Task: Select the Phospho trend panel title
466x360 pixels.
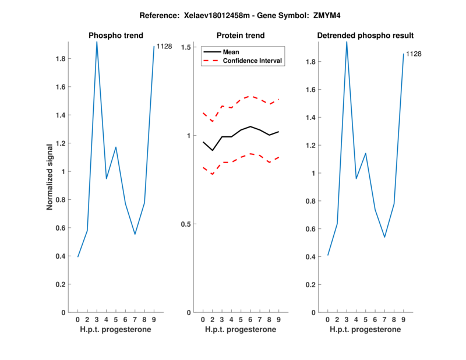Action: click(116, 36)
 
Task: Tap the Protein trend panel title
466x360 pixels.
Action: click(241, 36)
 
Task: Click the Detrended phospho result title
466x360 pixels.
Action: click(365, 36)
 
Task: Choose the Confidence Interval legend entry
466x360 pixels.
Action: click(253, 61)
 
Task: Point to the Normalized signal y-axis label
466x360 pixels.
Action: click(51, 177)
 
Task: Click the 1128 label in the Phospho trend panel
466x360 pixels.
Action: click(164, 47)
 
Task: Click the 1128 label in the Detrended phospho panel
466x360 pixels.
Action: click(414, 54)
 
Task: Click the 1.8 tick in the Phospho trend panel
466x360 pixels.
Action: click(60, 59)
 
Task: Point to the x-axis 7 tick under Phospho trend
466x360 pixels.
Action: click(135, 319)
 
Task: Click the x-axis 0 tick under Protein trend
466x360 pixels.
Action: click(203, 319)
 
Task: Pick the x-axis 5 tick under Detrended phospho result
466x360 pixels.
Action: click(366, 319)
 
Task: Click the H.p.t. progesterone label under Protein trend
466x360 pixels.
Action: click(241, 330)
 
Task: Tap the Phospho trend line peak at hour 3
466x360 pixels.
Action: click(97, 42)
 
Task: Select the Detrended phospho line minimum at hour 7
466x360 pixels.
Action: click(384, 237)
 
